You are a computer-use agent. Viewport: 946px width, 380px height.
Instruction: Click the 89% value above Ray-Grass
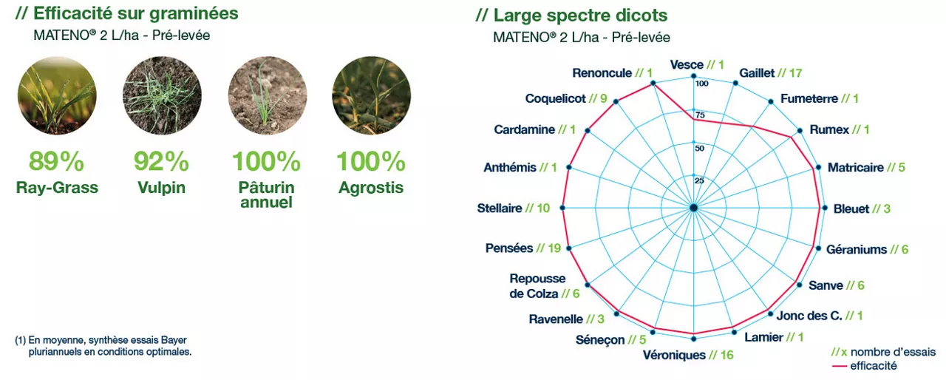(57, 161)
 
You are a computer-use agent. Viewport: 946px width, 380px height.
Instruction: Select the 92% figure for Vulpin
(161, 161)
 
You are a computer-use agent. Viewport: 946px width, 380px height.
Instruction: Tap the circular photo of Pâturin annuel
(268, 95)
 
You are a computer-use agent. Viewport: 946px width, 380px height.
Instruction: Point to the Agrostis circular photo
(371, 95)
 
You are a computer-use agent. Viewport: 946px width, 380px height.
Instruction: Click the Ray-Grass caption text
(57, 188)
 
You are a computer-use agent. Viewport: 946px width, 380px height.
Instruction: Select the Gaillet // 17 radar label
(770, 73)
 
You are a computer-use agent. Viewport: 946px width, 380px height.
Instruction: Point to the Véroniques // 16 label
(688, 355)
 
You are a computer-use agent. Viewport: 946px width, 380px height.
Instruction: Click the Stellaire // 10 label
(514, 208)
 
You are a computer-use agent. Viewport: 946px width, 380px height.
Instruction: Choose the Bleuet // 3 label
(862, 208)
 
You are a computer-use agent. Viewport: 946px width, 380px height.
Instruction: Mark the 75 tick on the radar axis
(700, 115)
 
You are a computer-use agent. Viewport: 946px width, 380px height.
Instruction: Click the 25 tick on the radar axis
(699, 180)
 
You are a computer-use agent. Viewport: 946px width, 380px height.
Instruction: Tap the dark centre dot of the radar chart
(693, 208)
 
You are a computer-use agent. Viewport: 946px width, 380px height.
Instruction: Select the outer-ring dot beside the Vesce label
(693, 76)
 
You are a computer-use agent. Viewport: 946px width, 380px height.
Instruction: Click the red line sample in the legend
(840, 366)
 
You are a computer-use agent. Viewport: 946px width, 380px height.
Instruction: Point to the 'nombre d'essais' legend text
(893, 352)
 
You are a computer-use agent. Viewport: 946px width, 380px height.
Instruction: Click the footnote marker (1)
(20, 340)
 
